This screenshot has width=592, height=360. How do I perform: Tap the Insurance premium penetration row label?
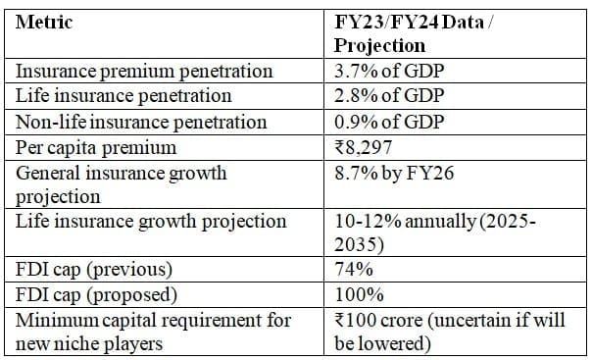tap(144, 71)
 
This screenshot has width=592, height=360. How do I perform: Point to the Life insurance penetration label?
tap(124, 96)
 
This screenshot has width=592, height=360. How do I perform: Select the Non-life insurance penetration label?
tap(142, 122)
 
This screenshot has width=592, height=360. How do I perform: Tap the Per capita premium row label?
tap(97, 147)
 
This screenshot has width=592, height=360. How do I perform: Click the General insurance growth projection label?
tap(122, 183)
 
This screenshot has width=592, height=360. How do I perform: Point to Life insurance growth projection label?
tap(151, 220)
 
